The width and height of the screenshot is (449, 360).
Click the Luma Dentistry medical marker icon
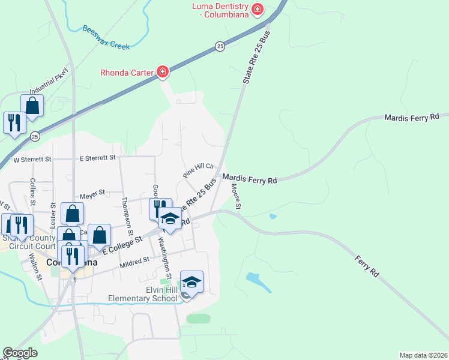[258, 9]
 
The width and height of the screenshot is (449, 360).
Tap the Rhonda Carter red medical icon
[162, 73]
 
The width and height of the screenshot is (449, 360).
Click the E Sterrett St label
[97, 158]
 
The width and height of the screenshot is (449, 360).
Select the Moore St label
[235, 197]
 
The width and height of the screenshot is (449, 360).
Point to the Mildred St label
[134, 261]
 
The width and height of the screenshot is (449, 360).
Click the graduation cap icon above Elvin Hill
[191, 281]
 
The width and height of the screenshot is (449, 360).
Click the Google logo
[20, 353]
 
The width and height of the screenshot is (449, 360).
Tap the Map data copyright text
[423, 355]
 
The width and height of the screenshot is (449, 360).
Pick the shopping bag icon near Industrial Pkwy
[32, 106]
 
